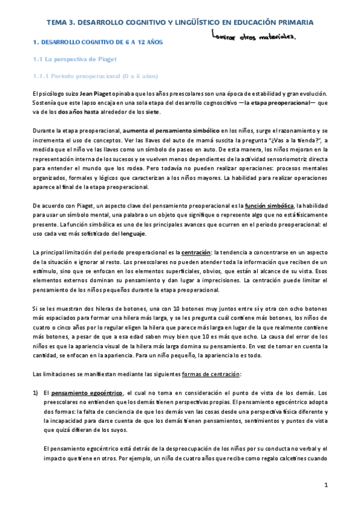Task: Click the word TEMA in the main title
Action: coord(58,23)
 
